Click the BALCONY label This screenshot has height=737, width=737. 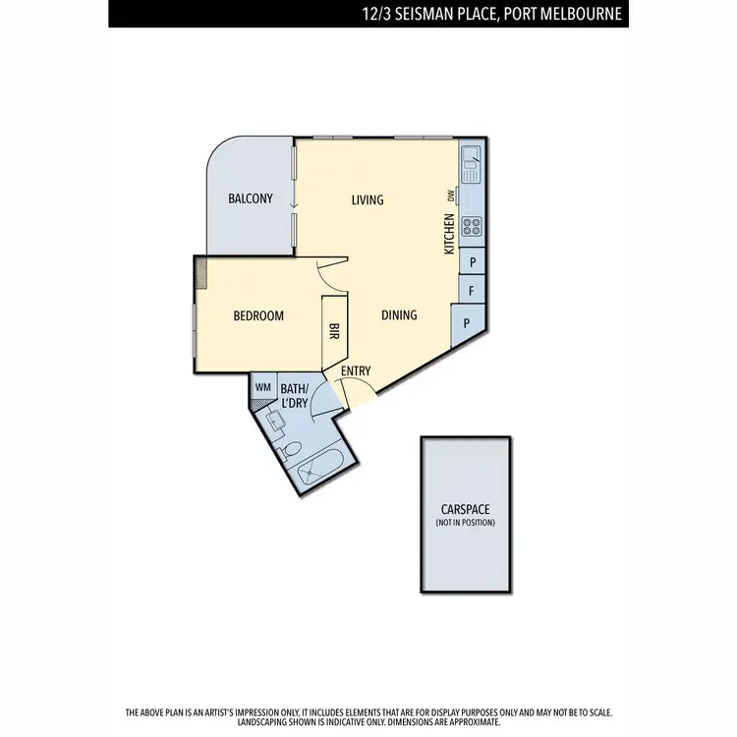[x=251, y=198]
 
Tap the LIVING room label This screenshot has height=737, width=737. [x=368, y=200]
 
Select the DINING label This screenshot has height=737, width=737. [x=399, y=315]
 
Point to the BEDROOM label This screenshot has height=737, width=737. [x=258, y=316]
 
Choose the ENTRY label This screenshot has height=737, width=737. [x=356, y=370]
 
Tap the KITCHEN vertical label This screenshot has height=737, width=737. [x=449, y=236]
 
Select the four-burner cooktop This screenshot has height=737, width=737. [x=472, y=227]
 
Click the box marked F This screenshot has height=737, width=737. [x=473, y=292]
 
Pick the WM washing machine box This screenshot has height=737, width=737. [x=262, y=387]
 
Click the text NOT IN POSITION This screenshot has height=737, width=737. [x=466, y=522]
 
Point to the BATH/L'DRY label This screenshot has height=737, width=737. [x=294, y=395]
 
